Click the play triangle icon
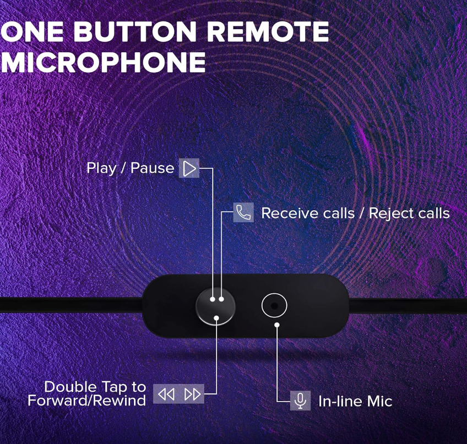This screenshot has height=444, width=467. (189, 169)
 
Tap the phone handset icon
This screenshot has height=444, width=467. (243, 212)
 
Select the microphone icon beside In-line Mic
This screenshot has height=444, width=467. (300, 401)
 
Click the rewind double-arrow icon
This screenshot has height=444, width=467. (166, 394)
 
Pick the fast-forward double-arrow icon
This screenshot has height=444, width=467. (192, 394)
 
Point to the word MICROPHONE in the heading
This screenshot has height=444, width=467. (104, 62)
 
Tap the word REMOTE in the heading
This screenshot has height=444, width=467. (268, 31)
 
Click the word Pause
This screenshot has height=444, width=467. (152, 168)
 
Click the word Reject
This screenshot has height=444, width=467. (389, 214)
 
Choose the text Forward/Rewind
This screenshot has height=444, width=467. (86, 400)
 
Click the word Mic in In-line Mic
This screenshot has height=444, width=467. (379, 401)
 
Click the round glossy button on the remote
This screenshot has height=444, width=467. (216, 306)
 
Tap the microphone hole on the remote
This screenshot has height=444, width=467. (275, 305)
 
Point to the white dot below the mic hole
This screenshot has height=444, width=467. (277, 325)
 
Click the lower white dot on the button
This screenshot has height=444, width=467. (216, 318)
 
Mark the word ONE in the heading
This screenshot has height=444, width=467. (32, 31)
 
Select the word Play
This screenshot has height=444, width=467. (101, 168)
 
